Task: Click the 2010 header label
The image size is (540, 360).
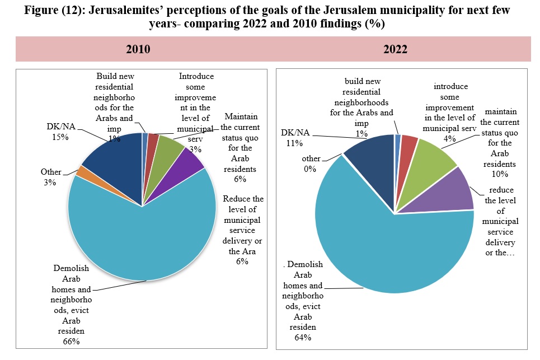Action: pos(138,49)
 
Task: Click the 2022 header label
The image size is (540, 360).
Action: pos(396,49)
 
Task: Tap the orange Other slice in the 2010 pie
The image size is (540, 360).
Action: pos(81,171)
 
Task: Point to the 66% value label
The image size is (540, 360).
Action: pos(71,342)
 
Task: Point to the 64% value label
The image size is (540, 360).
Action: pos(303,338)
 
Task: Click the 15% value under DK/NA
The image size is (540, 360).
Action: pos(60,137)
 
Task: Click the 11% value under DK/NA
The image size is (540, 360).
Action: pos(294,143)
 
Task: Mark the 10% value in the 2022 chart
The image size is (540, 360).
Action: pos(500,174)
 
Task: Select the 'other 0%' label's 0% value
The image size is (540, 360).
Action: pos(310,169)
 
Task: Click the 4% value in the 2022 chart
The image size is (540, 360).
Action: pos(449,138)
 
